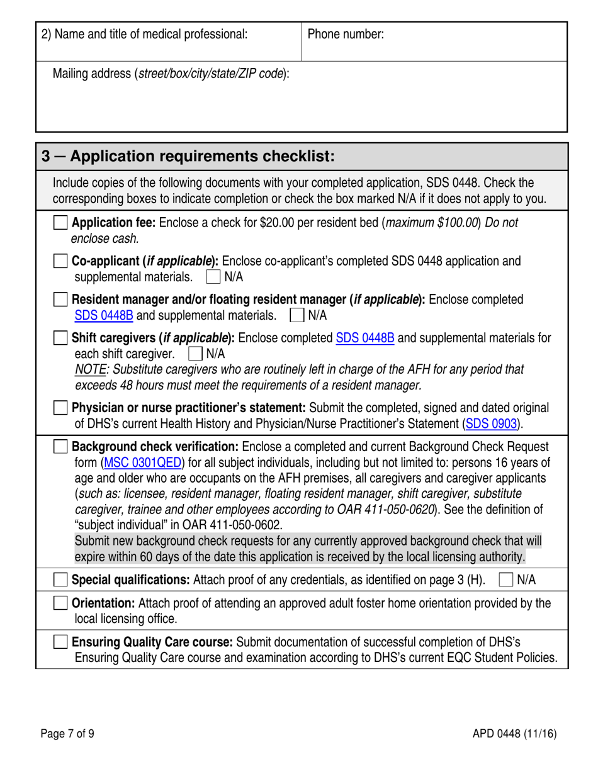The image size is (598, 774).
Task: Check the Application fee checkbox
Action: click(60, 223)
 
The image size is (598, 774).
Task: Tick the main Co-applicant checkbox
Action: click(60, 261)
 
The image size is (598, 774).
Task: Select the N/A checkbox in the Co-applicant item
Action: click(213, 276)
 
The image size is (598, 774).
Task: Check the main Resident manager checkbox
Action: click(60, 299)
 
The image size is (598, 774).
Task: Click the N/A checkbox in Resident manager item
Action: click(296, 315)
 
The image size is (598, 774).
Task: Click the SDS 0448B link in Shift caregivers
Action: click(365, 338)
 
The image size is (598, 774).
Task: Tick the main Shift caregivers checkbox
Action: click(60, 338)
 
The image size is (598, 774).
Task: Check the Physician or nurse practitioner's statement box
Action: click(60, 408)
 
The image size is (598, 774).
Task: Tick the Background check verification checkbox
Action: click(60, 447)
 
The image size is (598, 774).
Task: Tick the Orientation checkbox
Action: click(60, 603)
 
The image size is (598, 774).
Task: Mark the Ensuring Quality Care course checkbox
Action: click(60, 642)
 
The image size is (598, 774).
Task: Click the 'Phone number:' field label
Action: click(346, 35)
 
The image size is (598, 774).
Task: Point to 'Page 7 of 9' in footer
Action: click(67, 733)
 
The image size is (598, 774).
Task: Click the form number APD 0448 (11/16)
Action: click(514, 733)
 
